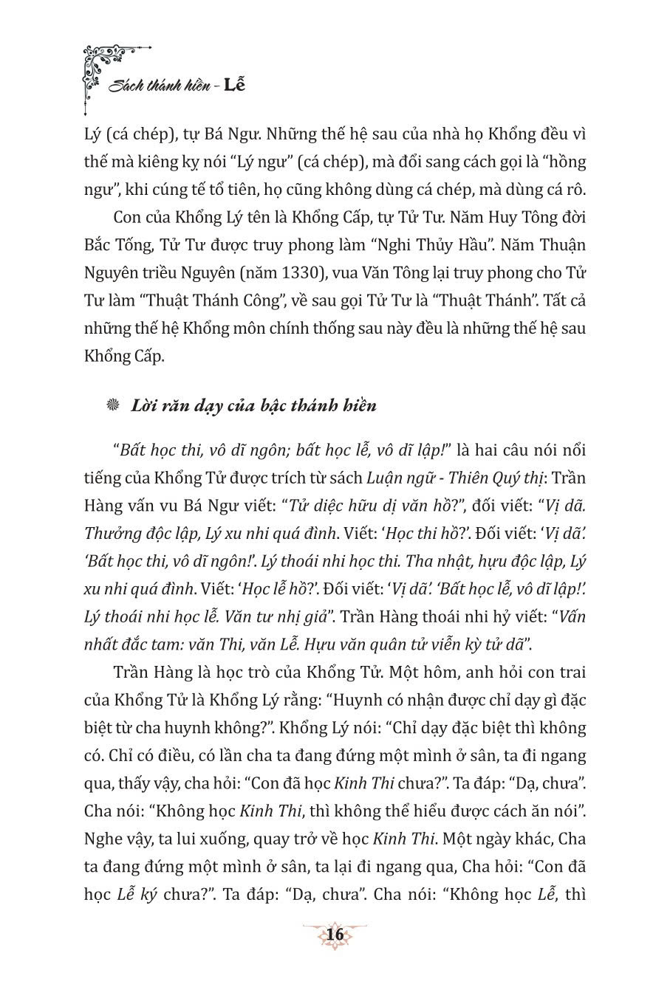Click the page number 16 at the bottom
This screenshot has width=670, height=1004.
(335, 935)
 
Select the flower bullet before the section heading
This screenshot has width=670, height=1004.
(113, 405)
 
